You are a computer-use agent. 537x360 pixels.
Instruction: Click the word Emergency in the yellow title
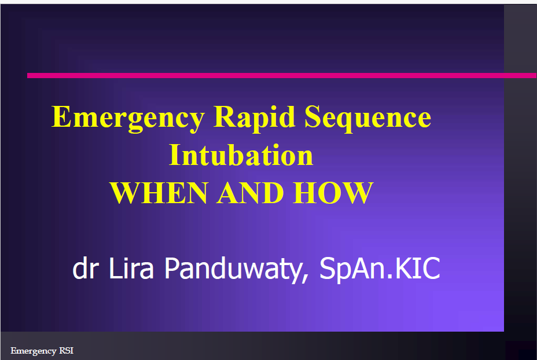pos(128,119)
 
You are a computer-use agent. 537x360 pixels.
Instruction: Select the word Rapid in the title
pos(255,119)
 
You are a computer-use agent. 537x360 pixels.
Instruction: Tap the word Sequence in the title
pos(368,119)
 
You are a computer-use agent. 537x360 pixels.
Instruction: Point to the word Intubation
pos(241,155)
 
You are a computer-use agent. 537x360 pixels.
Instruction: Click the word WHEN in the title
pos(159,193)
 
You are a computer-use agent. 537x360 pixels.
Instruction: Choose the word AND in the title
pos(251,193)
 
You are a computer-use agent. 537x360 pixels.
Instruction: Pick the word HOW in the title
pos(333,193)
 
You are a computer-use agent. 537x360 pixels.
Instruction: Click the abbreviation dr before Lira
pos(86,268)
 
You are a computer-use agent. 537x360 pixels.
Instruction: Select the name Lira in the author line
pos(131,267)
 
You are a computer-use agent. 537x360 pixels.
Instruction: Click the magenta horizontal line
pos(282,75)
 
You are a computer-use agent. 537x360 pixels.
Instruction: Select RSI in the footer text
pos(67,350)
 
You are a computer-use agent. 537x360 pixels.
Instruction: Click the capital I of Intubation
pos(175,155)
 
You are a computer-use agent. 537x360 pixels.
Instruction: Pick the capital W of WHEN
pos(126,193)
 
